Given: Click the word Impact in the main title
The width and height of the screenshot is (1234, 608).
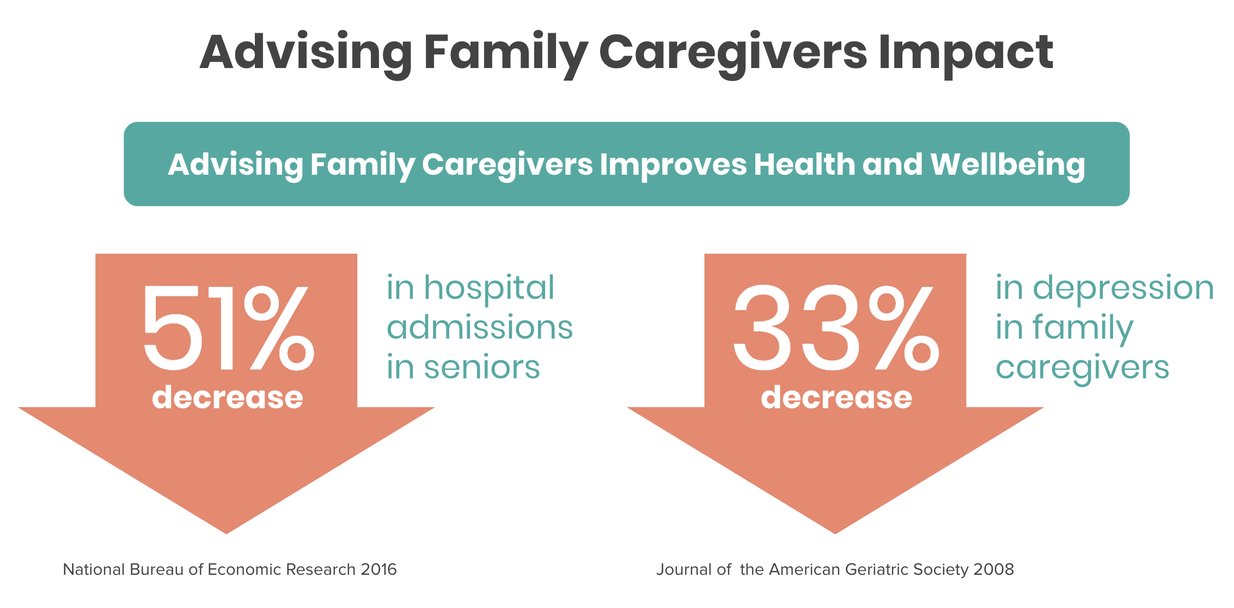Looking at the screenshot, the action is click(966, 53).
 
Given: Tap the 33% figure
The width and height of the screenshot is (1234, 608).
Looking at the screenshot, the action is click(836, 328).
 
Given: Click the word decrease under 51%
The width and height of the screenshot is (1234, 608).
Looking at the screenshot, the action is click(228, 397).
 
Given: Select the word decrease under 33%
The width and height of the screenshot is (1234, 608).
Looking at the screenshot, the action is click(836, 397).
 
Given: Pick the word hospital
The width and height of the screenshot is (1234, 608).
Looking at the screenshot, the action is click(489, 288).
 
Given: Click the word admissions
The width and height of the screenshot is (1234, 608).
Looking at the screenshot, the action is click(480, 327).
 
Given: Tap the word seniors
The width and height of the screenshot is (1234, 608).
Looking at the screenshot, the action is click(482, 367).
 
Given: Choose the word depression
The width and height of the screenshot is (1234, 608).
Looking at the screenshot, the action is click(1123, 288).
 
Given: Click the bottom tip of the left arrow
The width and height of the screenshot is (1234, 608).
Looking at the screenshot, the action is click(227, 533).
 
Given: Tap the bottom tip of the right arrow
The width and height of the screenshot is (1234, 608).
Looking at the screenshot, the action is click(835, 533).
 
